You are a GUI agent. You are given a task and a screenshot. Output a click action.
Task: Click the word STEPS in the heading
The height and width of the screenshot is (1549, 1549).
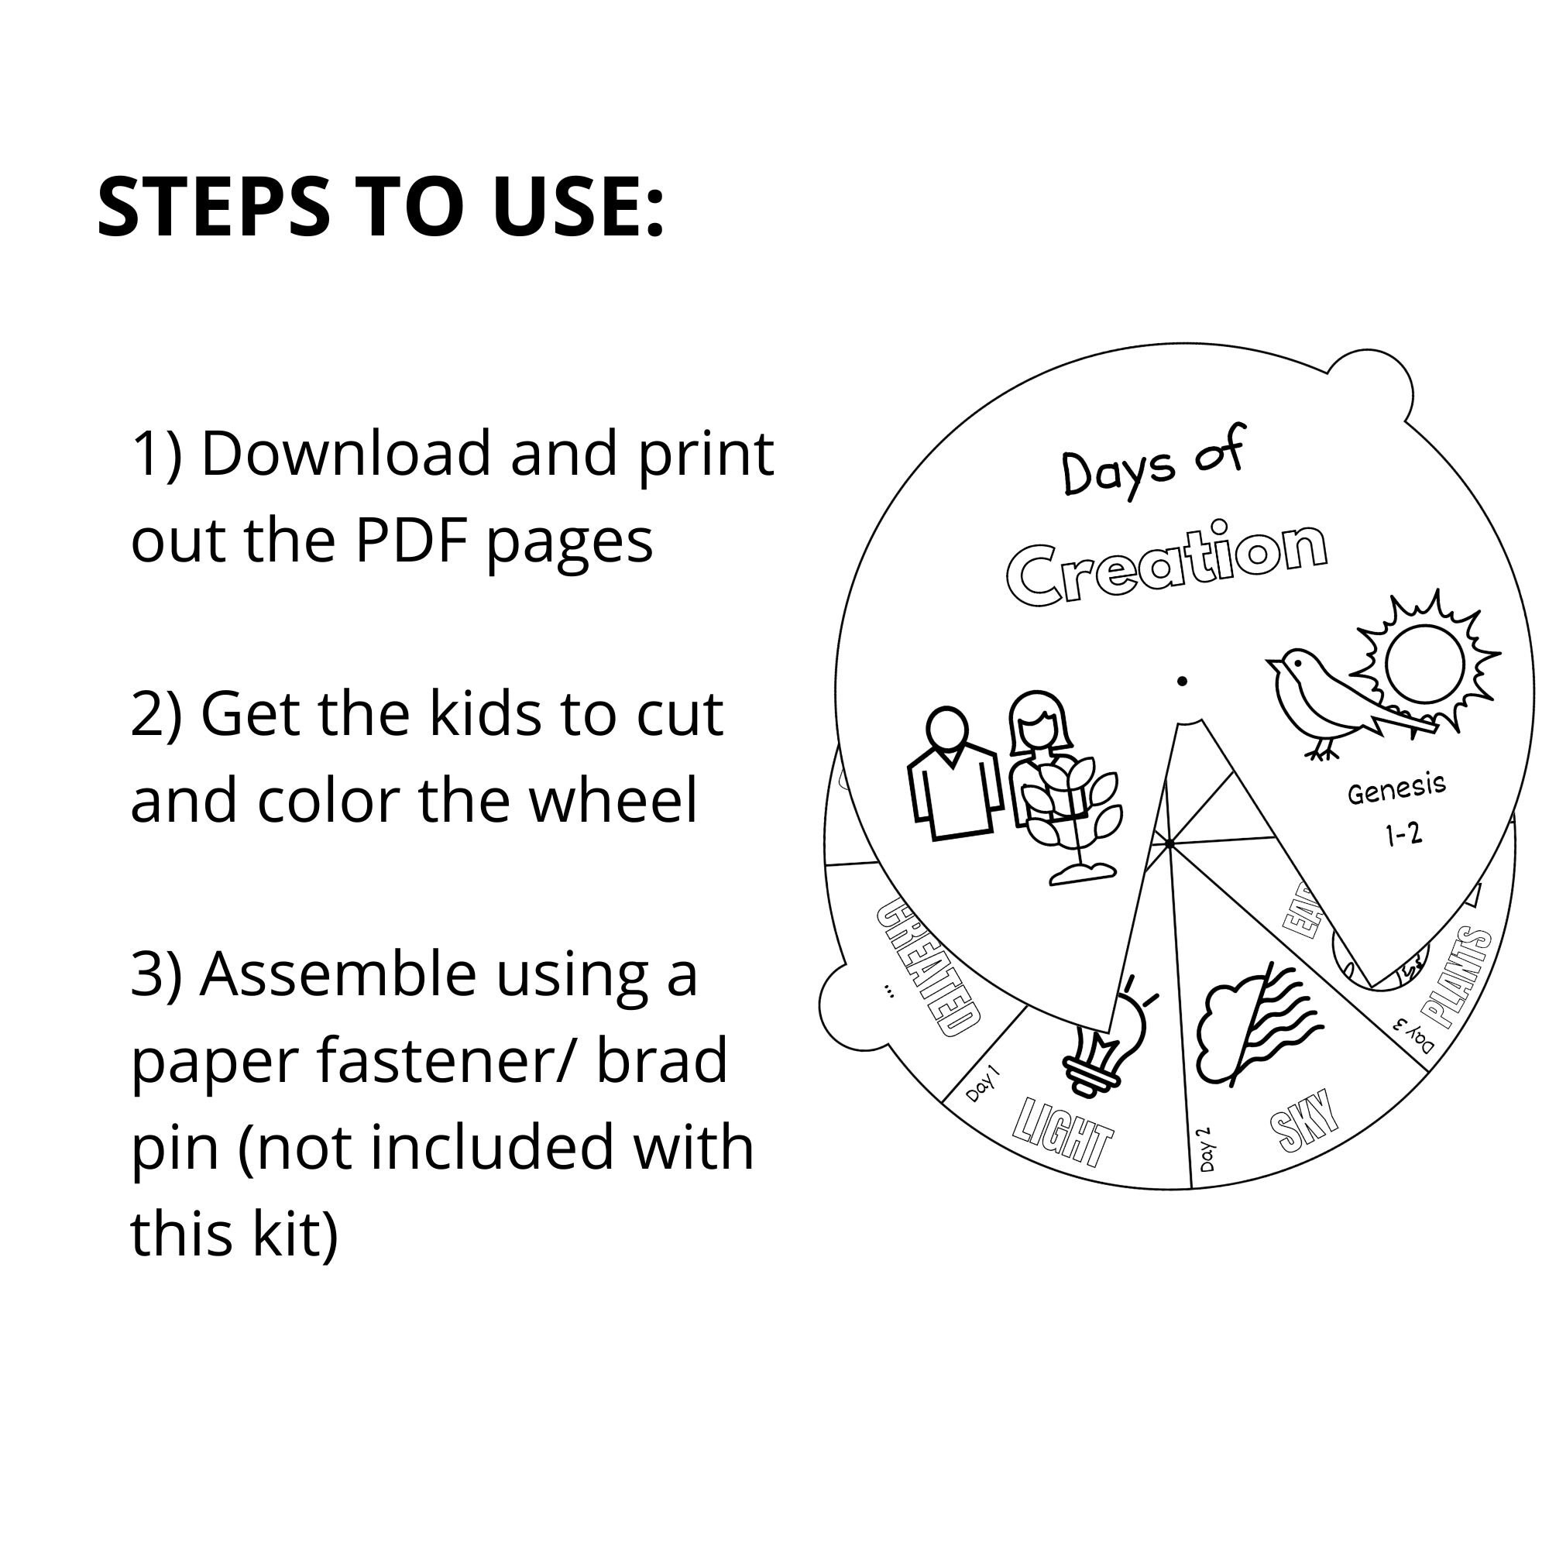[x=213, y=207]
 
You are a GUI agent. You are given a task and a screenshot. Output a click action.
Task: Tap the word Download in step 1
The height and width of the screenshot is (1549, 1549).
[x=345, y=454]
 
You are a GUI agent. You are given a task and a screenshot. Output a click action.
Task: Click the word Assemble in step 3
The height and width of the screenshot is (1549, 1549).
[x=338, y=975]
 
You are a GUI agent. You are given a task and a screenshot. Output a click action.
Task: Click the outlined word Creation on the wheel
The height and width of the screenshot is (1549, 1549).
[x=1166, y=565]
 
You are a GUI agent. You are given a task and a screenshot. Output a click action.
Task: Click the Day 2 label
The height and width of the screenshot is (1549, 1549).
[x=1205, y=1149]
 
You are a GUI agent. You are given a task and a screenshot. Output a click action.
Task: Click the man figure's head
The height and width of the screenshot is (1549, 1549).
[x=947, y=728]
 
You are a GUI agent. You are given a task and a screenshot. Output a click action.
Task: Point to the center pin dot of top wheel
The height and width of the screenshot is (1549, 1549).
[x=1182, y=682]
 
